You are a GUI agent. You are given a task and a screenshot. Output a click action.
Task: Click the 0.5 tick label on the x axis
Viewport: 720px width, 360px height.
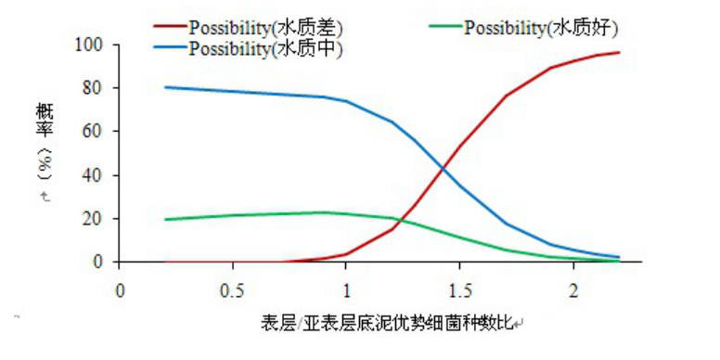(233, 289)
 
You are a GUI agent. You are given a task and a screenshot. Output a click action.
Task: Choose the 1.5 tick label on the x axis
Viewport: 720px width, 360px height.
(459, 289)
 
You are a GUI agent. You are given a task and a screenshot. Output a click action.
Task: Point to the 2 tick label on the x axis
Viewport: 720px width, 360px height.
(572, 289)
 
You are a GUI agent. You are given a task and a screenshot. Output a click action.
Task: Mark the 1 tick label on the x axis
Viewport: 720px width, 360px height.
(346, 289)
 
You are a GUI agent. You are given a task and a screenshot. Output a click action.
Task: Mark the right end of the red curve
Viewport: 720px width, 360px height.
(619, 53)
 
